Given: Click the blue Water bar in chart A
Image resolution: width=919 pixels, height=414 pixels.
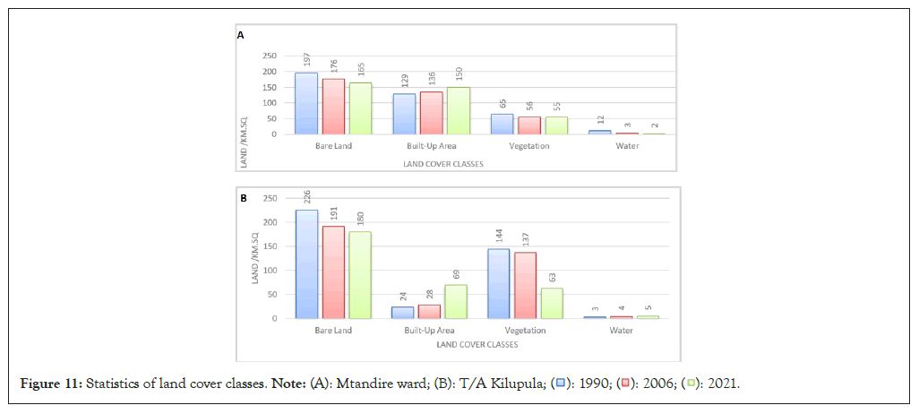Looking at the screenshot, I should (x=600, y=132).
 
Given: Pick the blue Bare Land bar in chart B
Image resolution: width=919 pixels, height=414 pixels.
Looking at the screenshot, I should (x=306, y=263).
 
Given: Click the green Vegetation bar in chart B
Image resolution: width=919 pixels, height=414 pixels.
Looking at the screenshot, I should (x=552, y=303).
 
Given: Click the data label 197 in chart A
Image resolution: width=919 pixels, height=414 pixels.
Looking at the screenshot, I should (x=306, y=61).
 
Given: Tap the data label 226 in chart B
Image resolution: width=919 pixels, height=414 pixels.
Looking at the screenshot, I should (x=306, y=196).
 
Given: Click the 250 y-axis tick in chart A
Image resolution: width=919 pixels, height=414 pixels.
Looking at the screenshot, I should (x=268, y=56).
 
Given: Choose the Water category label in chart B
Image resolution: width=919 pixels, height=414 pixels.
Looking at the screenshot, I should (x=621, y=331).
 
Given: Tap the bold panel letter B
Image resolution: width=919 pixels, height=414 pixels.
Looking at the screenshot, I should (x=243, y=198).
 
